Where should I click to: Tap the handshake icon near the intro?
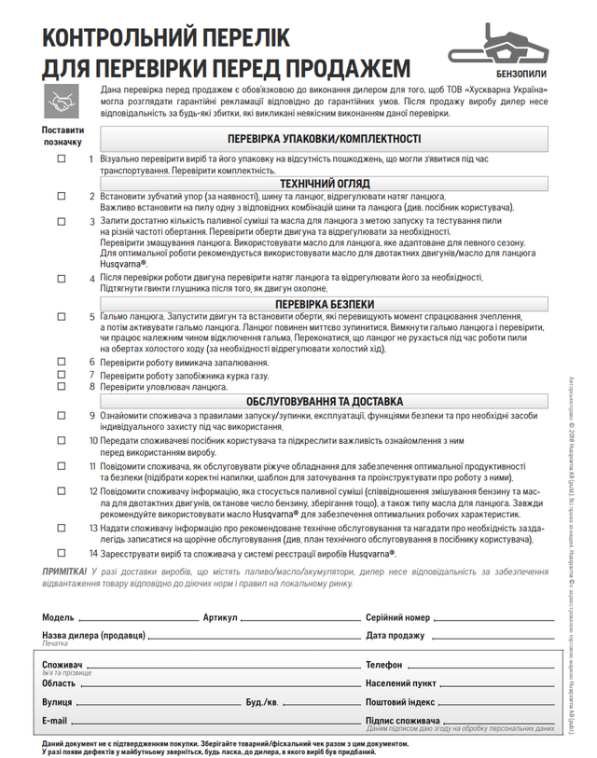[62, 99]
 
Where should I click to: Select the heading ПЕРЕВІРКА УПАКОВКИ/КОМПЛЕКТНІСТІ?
[324, 139]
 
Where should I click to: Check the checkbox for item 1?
[62, 159]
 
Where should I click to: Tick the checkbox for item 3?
[62, 221]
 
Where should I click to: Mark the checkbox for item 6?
[62, 362]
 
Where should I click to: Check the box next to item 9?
[62, 415]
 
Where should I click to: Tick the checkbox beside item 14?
[62, 552]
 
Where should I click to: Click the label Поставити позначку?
[62, 137]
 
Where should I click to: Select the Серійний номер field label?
[398, 617]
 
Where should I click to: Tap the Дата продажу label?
[396, 636]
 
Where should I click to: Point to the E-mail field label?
[55, 721]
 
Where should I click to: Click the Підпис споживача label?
[402, 721]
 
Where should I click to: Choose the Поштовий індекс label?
[400, 701]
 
